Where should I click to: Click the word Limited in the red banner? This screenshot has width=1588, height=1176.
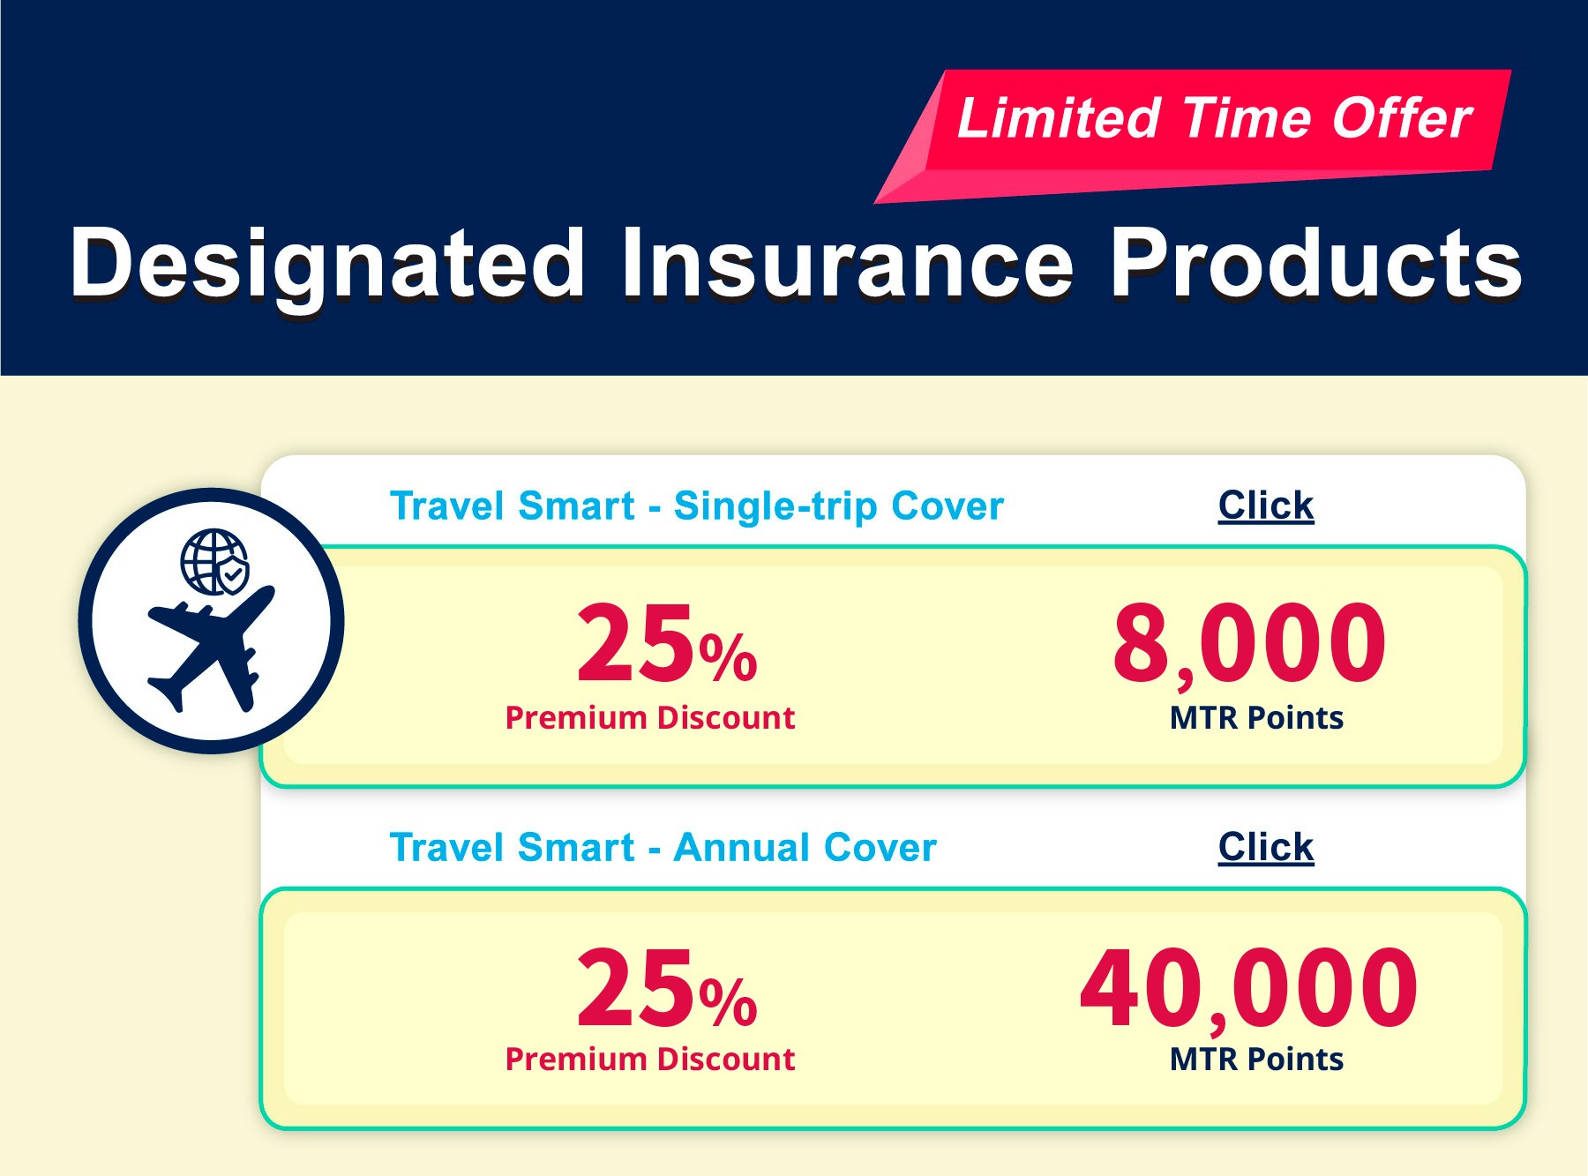(x=1059, y=118)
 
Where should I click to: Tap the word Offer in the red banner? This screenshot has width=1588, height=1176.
(x=1402, y=118)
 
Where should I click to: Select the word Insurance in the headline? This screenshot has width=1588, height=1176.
(x=848, y=263)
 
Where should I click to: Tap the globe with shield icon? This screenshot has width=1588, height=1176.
(x=214, y=562)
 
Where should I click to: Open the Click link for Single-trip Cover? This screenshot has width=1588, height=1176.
(x=1266, y=506)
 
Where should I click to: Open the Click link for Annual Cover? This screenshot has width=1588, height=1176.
(x=1266, y=847)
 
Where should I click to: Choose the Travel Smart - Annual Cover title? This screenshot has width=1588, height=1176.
(x=663, y=848)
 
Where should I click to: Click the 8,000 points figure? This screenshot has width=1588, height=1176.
(x=1249, y=645)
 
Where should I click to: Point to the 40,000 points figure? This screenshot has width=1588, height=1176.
(x=1249, y=988)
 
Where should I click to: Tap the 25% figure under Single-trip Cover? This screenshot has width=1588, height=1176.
(x=667, y=643)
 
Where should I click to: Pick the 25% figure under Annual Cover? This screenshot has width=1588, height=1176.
(x=667, y=987)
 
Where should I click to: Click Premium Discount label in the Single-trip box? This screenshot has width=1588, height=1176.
(x=650, y=718)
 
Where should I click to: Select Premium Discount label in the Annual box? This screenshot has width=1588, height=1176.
(x=650, y=1060)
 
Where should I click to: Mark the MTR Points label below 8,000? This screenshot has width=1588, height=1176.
(x=1256, y=718)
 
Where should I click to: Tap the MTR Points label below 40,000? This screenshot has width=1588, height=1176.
(x=1256, y=1060)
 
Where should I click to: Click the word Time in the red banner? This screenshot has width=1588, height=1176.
(x=1247, y=118)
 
